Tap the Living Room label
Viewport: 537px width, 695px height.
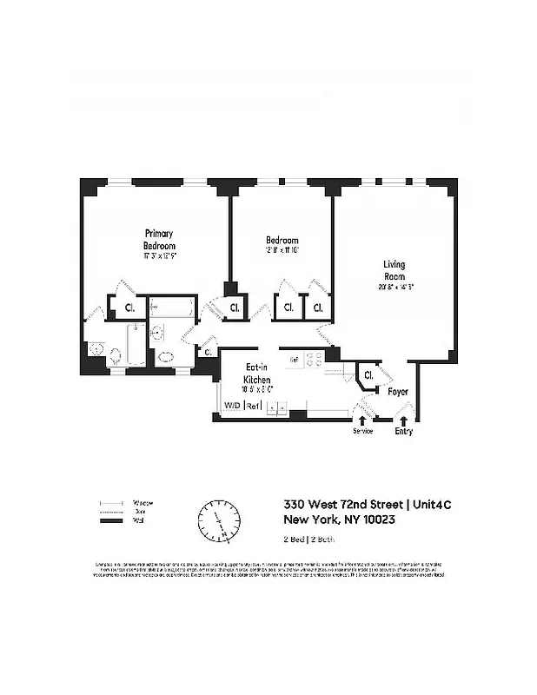(394, 270)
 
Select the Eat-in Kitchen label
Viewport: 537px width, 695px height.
(258, 374)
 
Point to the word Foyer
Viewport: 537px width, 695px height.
(398, 392)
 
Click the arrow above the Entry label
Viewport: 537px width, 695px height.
(402, 421)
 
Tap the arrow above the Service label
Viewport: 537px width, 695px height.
(362, 421)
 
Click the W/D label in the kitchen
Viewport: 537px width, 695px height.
(232, 406)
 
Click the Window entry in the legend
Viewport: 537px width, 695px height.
(143, 503)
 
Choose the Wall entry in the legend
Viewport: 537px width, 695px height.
(137, 521)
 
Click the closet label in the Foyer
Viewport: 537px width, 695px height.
(369, 375)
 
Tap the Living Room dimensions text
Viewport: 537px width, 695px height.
(394, 288)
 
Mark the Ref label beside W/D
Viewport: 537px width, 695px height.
(253, 406)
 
